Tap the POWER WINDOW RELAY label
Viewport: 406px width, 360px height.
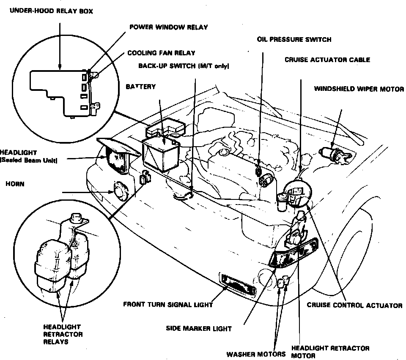168,27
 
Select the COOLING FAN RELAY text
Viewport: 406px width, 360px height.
161,53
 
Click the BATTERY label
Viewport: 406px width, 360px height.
141,87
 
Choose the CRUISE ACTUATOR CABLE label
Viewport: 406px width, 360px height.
327,60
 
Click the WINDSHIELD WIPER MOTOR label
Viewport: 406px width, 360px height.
359,89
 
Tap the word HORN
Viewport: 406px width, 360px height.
15,184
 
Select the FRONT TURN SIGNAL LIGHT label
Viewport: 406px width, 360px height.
168,304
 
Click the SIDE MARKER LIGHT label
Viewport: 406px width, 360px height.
198,328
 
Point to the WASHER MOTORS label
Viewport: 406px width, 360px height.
256,354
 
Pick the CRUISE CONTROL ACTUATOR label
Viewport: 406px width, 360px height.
354,305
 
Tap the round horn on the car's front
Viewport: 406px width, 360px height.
121,192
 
